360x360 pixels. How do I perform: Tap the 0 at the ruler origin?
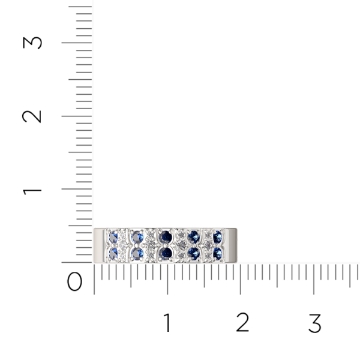pos(75,281)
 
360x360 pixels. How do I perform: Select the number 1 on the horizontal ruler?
pos(167,323)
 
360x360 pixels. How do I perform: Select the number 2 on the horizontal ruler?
pos(242,323)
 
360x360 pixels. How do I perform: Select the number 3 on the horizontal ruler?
pos(314,323)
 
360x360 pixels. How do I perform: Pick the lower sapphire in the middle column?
pos(166,254)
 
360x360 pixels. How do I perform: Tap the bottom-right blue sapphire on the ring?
pos(217,254)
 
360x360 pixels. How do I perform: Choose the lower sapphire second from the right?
pos(193,254)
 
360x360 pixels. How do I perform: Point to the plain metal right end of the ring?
pos(230,245)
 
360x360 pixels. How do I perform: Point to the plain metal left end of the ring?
pos(99,245)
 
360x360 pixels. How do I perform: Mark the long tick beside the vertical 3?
pos(77,43)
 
